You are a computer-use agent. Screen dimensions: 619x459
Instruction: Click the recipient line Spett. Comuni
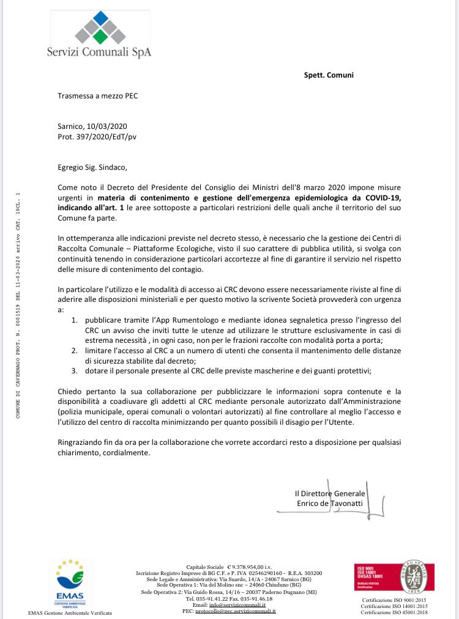329,75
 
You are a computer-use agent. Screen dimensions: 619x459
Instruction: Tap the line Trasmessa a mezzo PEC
97,96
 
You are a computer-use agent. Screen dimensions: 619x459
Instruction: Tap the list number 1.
73,320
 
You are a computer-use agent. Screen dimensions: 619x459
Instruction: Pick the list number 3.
73,370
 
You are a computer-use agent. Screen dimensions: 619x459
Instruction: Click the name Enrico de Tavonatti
329,503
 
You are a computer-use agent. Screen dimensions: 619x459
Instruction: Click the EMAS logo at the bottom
69,584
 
